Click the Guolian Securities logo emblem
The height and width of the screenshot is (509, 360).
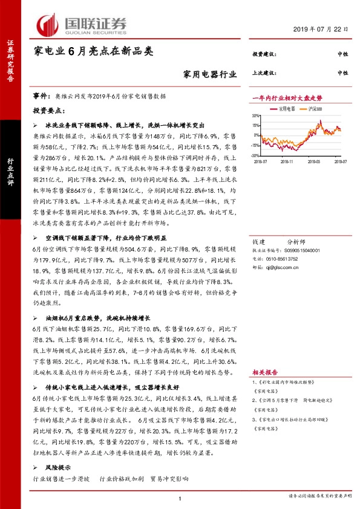tap(48, 24)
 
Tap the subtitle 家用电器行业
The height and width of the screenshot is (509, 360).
tap(209, 75)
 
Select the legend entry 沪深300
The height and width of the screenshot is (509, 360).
tap(315, 109)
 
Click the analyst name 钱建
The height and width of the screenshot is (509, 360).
tap(258, 223)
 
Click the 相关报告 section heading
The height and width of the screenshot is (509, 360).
tap(264, 373)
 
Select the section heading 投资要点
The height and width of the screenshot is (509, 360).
tap(50, 111)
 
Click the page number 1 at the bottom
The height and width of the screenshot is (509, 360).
tap(180, 498)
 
